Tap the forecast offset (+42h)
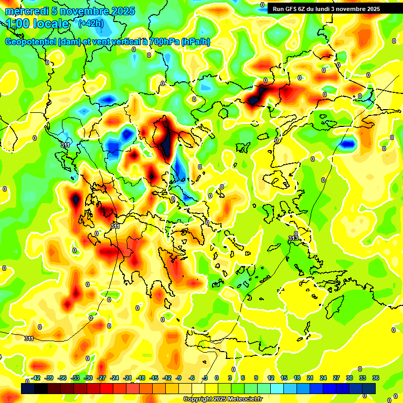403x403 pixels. [91, 24]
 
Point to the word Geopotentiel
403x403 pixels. [30, 41]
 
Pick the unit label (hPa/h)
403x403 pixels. [195, 42]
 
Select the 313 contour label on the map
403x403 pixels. [293, 238]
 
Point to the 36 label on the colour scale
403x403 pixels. [376, 378]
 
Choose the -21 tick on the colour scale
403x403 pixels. [128, 378]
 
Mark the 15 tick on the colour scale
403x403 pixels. [284, 378]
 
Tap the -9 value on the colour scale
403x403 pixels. [178, 378]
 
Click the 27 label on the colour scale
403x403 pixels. [336, 378]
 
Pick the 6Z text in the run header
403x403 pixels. [304, 9]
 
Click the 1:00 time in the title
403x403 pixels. [17, 24]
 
